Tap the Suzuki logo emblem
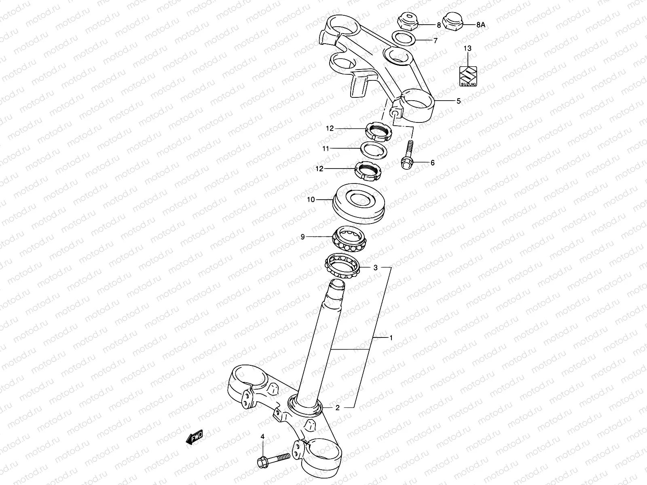pyautogui.click(x=467, y=76)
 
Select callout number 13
pyautogui.click(x=467, y=48)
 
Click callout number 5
pyautogui.click(x=458, y=101)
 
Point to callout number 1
pyautogui.click(x=391, y=337)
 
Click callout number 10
pyautogui.click(x=311, y=199)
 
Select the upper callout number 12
pyautogui.click(x=330, y=129)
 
